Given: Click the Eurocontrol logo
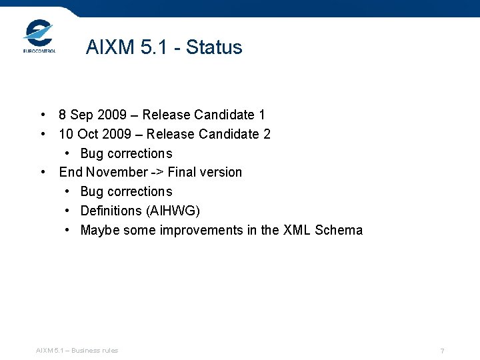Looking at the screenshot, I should (39, 36).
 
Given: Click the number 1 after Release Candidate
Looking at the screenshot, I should (261, 115).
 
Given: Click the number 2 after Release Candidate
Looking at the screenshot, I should (267, 134).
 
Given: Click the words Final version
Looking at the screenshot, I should (205, 172).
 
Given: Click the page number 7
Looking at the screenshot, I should (442, 351).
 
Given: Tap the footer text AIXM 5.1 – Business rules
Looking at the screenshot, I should (77, 351).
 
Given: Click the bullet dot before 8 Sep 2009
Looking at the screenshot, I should (43, 115).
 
